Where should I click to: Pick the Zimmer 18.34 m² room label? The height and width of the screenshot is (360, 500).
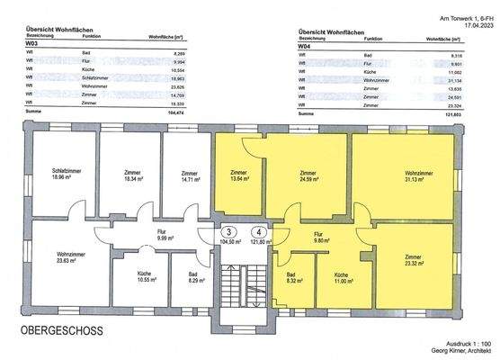pos(128,176)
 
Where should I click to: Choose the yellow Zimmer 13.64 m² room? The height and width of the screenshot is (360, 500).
pos(238,176)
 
